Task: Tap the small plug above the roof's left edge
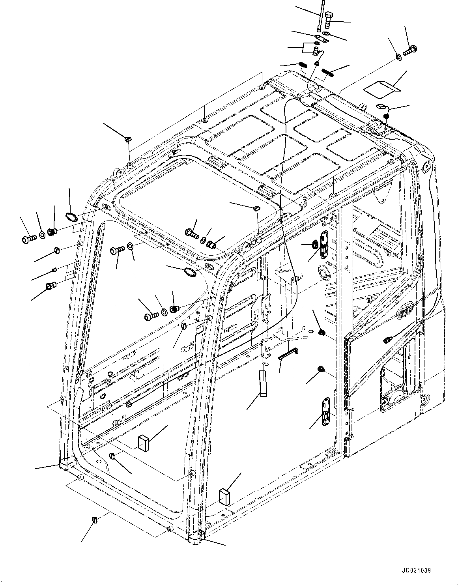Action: pyautogui.click(x=127, y=139)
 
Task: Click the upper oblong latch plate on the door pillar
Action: pyautogui.click(x=323, y=245)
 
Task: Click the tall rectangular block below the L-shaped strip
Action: pyautogui.click(x=262, y=383)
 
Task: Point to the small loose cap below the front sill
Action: pyautogui.click(x=95, y=530)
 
